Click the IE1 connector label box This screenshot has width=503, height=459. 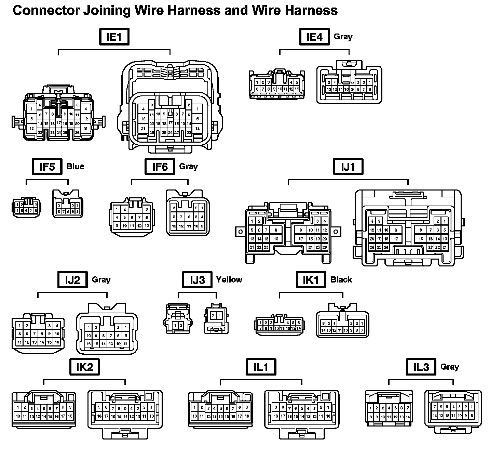tap(114, 37)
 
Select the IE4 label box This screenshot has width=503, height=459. tap(314, 37)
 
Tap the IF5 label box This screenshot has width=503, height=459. tap(47, 167)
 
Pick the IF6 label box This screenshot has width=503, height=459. tap(160, 167)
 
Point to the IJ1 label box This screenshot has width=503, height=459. tap(348, 167)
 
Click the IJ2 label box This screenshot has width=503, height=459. tap(72, 280)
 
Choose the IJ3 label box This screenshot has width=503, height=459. tap(197, 280)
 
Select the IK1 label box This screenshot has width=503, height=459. tap(311, 280)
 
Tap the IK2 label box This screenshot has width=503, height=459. tap(84, 367)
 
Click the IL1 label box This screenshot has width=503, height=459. tap(261, 367)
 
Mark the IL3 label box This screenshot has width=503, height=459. tap(421, 367)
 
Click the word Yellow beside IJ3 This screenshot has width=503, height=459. tap(229, 280)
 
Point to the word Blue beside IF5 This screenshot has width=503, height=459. tap(75, 167)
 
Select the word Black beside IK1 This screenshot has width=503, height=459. tap(341, 280)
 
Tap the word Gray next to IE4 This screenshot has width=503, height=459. tap(343, 37)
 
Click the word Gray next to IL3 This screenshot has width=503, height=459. tap(449, 367)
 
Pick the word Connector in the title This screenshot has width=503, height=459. tap(46, 10)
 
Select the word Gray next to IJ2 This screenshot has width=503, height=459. tap(101, 280)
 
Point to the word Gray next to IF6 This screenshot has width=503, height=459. tap(188, 167)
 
